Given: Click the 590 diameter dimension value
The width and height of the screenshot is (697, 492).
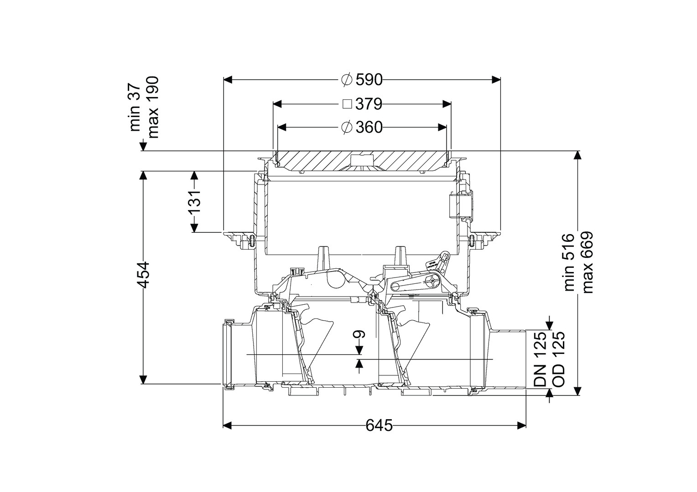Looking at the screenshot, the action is (x=369, y=80).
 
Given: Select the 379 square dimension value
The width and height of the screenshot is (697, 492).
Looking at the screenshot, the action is (x=369, y=104).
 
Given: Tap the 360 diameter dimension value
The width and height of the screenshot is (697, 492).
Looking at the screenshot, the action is (x=369, y=127).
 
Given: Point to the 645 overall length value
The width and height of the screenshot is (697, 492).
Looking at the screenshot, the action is (x=379, y=425).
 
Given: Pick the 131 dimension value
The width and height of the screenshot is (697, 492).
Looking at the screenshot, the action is (x=194, y=201).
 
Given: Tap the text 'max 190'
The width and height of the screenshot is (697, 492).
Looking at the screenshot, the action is (x=153, y=107).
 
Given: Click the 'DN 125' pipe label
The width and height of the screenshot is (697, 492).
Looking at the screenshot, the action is (x=540, y=359).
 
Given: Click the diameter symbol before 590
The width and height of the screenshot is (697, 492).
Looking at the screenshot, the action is (x=347, y=80).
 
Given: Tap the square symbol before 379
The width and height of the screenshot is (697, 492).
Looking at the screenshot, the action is (x=347, y=104).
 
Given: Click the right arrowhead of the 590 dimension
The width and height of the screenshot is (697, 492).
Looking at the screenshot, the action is (x=496, y=80).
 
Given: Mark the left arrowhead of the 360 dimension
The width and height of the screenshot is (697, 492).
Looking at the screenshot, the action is (x=282, y=127).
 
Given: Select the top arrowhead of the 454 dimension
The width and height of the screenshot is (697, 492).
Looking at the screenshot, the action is (x=143, y=175).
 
